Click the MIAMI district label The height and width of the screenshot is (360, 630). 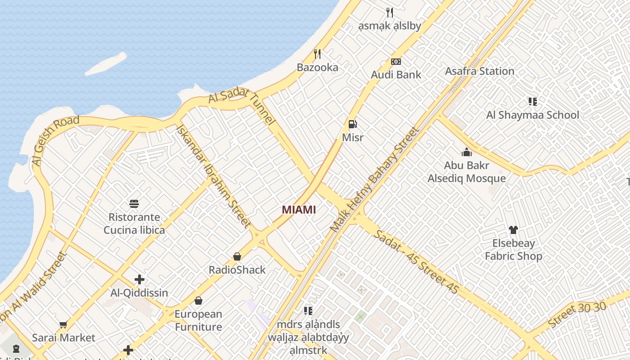[299, 210]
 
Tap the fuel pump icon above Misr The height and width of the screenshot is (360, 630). [353, 124]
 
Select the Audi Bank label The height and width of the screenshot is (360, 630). [396, 75]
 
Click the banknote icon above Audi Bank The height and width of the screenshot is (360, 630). [396, 62]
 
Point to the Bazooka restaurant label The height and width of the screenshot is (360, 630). [317, 67]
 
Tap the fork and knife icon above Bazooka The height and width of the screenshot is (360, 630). [317, 54]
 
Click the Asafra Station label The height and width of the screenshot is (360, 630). [480, 71]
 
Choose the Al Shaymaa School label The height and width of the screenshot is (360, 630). [533, 115]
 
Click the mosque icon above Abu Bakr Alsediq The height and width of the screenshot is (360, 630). [467, 153]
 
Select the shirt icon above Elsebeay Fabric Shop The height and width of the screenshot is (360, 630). [513, 230]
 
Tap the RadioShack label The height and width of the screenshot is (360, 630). [237, 270]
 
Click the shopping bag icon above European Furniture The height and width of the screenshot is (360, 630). [198, 301]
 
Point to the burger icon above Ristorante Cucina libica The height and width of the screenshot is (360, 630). [134, 204]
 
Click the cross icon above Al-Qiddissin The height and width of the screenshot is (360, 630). [139, 279]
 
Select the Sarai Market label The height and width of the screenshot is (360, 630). [63, 337]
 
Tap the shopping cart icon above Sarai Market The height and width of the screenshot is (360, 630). [63, 324]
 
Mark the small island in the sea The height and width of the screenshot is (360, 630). [106, 64]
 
